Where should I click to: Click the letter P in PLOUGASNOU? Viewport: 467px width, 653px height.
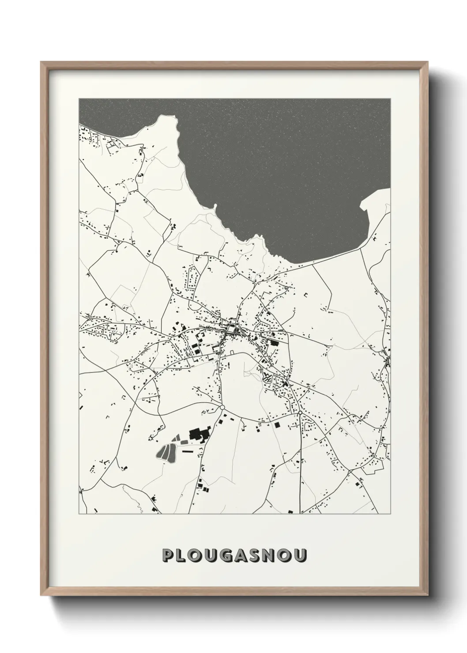tap(168, 555)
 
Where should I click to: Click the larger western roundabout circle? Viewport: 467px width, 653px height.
tap(222, 407)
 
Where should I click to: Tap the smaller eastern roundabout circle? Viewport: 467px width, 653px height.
tap(300, 413)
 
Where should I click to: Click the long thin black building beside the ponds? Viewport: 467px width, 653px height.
tap(188, 453)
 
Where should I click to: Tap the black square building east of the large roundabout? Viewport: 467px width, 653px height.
tap(277, 425)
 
